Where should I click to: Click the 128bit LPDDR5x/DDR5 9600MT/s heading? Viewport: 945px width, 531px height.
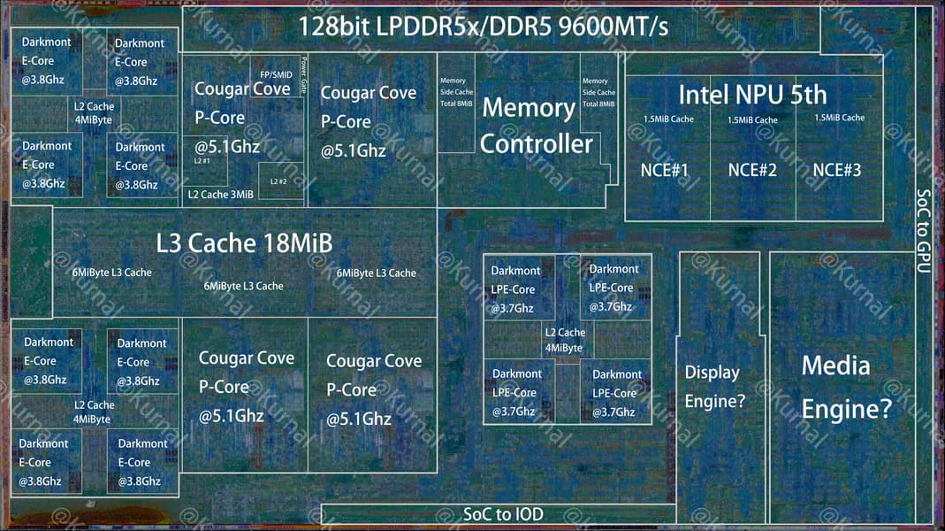[483, 26]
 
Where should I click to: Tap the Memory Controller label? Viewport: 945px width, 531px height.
[537, 126]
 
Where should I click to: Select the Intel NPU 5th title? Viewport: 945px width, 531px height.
[752, 94]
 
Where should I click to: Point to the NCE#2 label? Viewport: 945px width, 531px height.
[752, 170]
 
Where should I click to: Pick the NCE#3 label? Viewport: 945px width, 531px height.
[837, 169]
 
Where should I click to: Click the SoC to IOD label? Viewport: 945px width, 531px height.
[503, 514]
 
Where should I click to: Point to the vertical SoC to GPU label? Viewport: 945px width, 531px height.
[923, 230]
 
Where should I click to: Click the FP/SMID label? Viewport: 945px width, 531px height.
[276, 74]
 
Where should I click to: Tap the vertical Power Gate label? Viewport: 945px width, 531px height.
[303, 76]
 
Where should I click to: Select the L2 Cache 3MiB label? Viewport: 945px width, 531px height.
[220, 194]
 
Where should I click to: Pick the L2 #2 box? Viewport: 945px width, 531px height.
[278, 181]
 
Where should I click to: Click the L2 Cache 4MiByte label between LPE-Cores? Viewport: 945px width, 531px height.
[564, 341]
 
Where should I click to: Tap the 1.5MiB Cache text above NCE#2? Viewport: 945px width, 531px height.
[752, 119]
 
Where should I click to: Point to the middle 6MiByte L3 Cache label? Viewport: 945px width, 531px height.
[243, 286]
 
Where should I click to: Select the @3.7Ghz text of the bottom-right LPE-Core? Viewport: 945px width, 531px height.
[613, 412]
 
